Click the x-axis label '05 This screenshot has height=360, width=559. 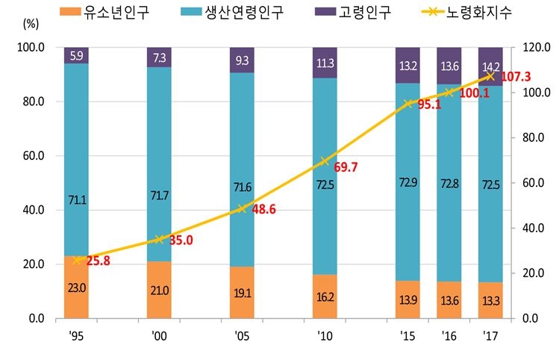pyautogui.click(x=242, y=336)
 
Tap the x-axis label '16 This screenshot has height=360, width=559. pyautogui.click(x=449, y=336)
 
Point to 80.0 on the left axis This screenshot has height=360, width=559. pyautogui.click(x=31, y=102)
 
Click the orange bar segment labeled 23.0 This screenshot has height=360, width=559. pyautogui.click(x=77, y=288)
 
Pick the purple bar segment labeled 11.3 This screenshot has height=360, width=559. pyautogui.click(x=325, y=63)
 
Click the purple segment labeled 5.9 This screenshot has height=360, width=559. pyautogui.click(x=77, y=55)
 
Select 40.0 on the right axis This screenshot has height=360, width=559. pyautogui.click(x=528, y=229)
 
